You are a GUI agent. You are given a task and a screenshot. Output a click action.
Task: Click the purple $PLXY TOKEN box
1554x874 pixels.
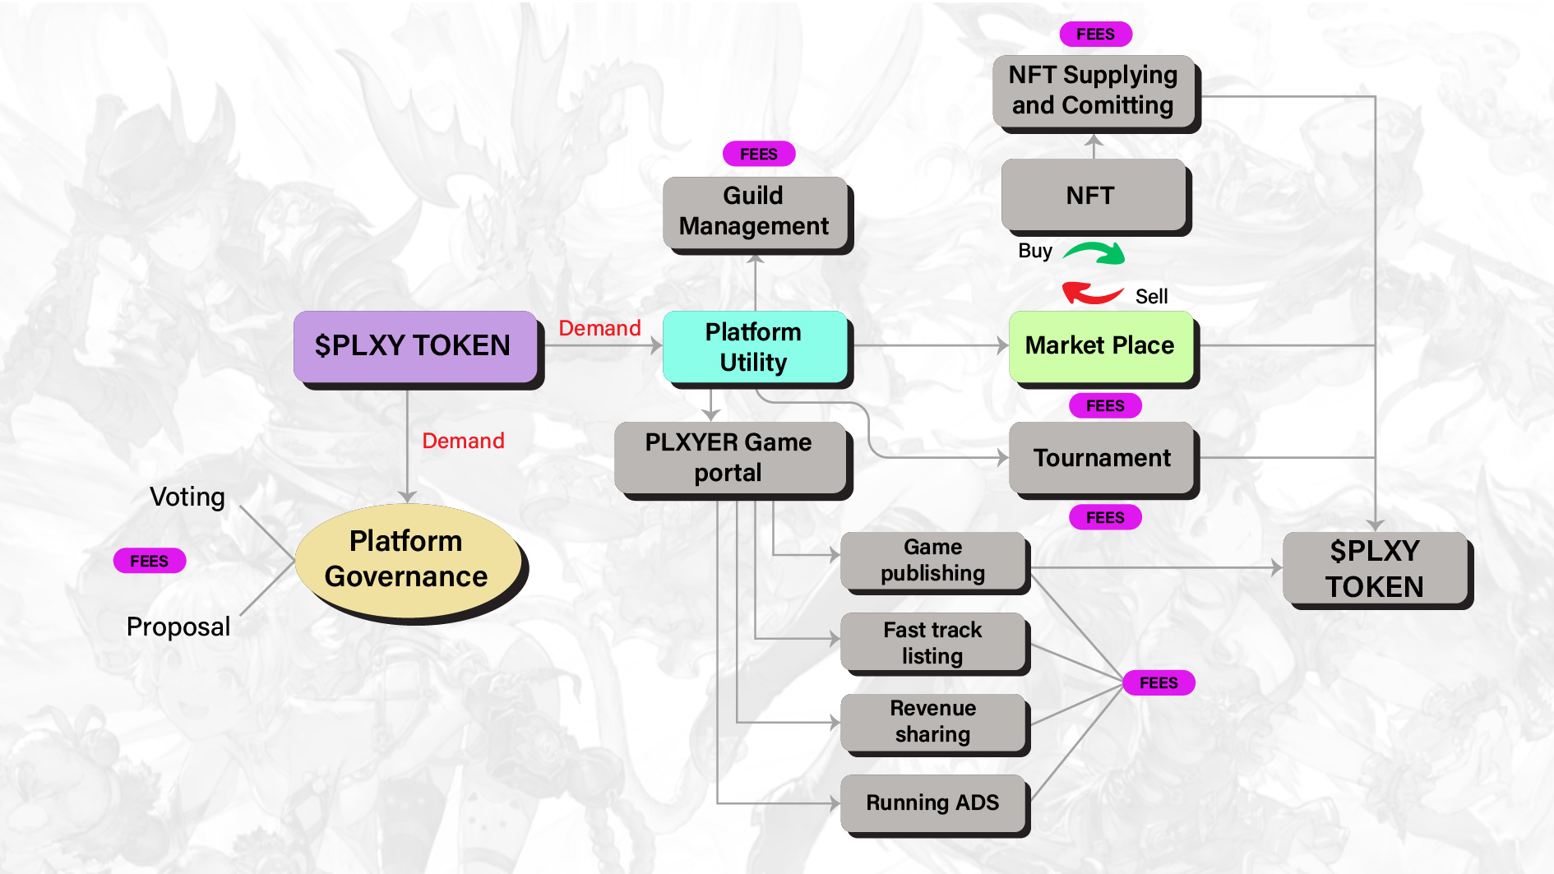coord(414,346)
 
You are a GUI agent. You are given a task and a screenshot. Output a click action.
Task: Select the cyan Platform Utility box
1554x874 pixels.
coord(754,347)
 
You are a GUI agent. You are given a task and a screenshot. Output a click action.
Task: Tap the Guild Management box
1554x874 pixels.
coord(754,211)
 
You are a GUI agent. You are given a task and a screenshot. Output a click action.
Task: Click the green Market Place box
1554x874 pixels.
coord(1100,346)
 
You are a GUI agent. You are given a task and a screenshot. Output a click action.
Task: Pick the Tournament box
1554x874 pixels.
coord(1101,458)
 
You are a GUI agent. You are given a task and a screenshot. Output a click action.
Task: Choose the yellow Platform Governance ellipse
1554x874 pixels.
coord(407,560)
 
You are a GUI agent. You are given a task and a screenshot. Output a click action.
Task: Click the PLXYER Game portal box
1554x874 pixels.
coord(729,458)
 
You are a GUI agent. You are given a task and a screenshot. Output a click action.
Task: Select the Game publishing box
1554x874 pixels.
coord(933,561)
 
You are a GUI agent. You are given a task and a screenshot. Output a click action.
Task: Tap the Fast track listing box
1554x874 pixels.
coord(933,643)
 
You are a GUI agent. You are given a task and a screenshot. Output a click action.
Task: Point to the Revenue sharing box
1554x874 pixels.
coord(933,722)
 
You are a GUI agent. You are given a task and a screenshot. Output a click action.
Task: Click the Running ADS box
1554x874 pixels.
coord(933,803)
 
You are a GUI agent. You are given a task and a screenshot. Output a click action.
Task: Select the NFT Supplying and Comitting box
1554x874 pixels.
coord(1093,90)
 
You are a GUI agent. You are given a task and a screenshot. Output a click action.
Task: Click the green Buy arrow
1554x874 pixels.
coord(1095,252)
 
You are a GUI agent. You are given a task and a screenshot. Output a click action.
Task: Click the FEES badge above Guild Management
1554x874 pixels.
coord(758,154)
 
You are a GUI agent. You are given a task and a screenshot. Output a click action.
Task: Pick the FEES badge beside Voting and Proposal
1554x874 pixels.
coord(150,561)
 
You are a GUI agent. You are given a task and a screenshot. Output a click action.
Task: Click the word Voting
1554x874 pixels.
coord(187,497)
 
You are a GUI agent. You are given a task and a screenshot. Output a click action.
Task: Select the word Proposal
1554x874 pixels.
coord(178,627)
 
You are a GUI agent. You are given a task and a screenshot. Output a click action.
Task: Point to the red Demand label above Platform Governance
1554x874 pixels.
coord(463,442)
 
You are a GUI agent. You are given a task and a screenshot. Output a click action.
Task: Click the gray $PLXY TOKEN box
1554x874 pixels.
coord(1375,569)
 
